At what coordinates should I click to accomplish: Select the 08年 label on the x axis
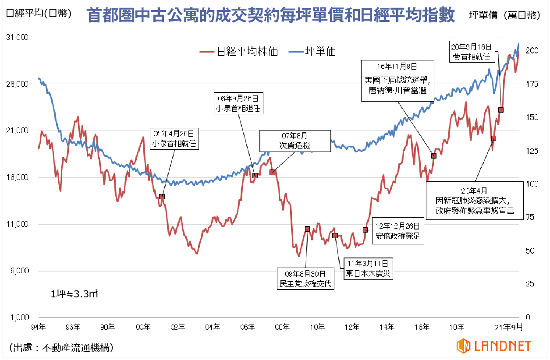tap(283, 327)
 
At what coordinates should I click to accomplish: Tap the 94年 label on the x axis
tap(39, 327)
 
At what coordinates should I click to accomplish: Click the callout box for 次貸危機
tap(295, 141)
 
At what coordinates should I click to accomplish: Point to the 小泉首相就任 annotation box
tap(174, 138)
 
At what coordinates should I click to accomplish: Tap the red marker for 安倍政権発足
tap(365, 230)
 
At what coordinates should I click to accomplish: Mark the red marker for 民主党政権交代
tap(308, 229)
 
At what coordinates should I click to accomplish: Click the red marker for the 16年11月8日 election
tap(434, 156)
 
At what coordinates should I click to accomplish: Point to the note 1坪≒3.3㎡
tap(74, 294)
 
